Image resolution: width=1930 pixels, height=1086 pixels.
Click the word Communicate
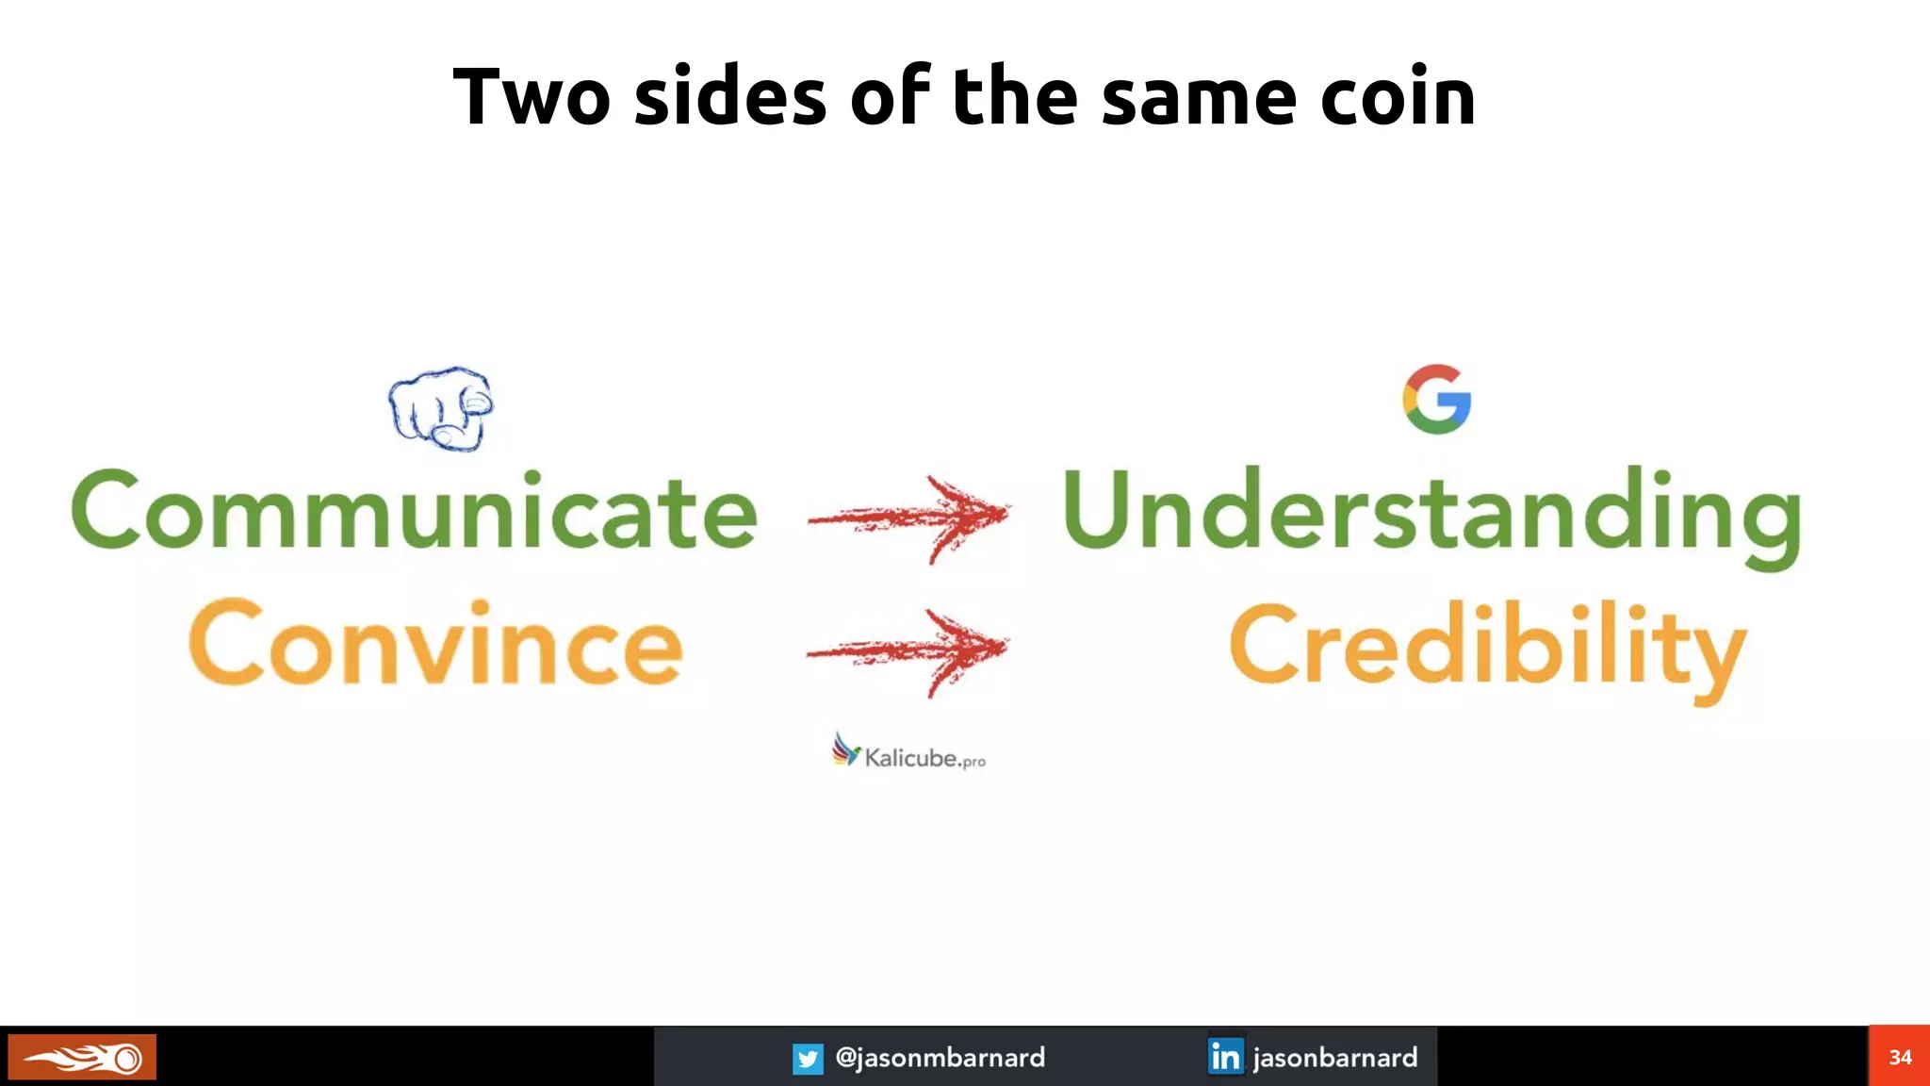(415, 511)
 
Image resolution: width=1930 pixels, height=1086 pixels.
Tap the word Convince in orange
(435, 645)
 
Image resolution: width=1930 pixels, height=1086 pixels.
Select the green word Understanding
(1431, 511)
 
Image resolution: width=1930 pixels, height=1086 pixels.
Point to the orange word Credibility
(1487, 647)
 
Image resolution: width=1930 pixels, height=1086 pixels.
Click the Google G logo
(1436, 399)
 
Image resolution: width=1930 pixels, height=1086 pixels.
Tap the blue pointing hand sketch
(441, 408)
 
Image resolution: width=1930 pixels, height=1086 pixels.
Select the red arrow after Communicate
(910, 517)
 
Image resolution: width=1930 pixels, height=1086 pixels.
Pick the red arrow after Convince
(910, 650)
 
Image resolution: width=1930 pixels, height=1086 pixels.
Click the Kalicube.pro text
(924, 758)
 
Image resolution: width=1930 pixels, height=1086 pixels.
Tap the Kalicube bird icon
(845, 750)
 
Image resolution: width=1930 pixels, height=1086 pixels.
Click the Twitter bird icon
(808, 1059)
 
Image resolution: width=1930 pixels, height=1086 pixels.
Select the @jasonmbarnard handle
(940, 1058)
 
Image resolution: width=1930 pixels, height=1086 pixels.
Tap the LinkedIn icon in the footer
(1225, 1057)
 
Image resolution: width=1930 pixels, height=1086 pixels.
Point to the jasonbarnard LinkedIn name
(1334, 1058)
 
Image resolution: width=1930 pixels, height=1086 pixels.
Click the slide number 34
(1900, 1057)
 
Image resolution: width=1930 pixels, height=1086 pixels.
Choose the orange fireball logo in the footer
(82, 1058)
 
